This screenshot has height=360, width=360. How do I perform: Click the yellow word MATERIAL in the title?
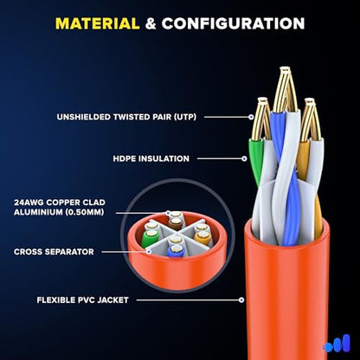point(98,23)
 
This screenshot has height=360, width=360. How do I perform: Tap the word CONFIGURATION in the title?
point(233,23)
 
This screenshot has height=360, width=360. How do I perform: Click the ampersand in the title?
point(151,23)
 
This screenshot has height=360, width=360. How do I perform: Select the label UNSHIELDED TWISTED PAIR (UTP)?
point(126,117)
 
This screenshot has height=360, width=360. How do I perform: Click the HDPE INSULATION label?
point(151,158)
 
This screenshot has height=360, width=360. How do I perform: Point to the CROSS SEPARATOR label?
point(54,252)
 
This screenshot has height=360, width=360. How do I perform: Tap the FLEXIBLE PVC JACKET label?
point(82,300)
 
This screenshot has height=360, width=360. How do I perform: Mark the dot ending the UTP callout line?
point(251,117)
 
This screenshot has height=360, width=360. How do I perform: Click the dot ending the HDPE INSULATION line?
point(245,158)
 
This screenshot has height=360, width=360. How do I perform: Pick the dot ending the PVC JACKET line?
point(241,300)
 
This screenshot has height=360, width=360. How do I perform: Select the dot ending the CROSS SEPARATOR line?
point(149,252)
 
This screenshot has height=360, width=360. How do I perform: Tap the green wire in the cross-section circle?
point(150,238)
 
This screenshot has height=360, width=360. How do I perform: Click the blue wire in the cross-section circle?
point(175,251)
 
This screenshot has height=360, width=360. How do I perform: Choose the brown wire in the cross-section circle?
point(175,223)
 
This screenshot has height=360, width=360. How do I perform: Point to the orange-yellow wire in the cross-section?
point(201,237)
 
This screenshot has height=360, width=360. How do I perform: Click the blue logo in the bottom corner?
point(337,344)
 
